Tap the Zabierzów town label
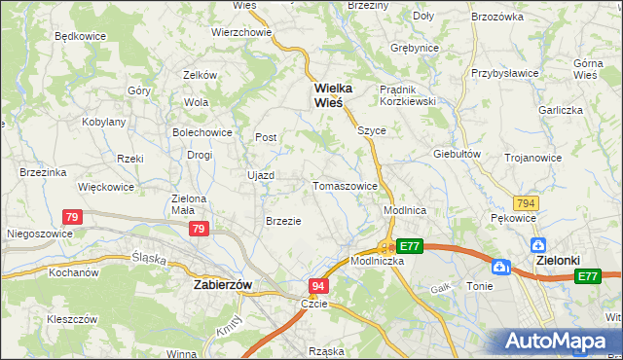click(x=223, y=284)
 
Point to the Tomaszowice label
click(x=345, y=186)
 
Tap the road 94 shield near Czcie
click(x=318, y=286)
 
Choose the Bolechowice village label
click(x=202, y=131)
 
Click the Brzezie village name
click(x=283, y=221)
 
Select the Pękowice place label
click(x=514, y=218)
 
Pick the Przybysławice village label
click(x=505, y=72)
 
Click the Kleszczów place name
click(x=71, y=318)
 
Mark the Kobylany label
click(x=104, y=122)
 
